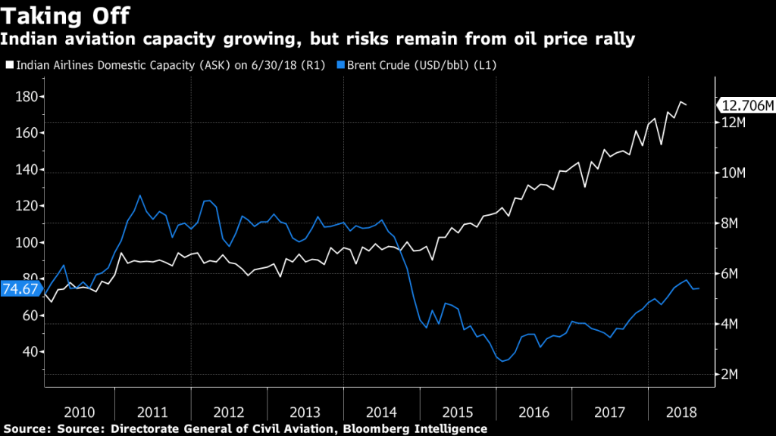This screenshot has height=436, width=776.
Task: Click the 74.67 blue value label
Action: click(x=20, y=288)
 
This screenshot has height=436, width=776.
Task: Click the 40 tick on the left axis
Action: click(x=28, y=352)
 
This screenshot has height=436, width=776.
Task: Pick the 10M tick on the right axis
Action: click(x=734, y=173)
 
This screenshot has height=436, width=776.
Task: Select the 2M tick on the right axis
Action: click(x=731, y=375)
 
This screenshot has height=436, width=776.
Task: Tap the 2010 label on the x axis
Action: click(x=80, y=413)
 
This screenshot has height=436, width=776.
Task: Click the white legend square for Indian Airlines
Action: click(x=9, y=66)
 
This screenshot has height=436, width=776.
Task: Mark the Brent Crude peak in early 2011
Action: click(x=139, y=195)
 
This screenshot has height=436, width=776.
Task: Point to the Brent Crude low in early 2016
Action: click(x=502, y=362)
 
